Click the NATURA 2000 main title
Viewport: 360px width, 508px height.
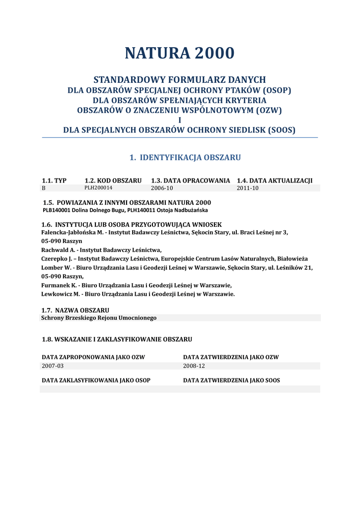[179, 53]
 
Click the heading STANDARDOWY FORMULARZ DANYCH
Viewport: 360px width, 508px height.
[180, 79]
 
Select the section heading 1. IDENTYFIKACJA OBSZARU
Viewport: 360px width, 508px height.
[185, 158]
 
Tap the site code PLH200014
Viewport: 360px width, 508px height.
[98, 189]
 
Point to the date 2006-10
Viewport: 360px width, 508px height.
[161, 189]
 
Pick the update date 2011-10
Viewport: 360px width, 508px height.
[247, 189]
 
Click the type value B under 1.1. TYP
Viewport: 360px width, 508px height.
[44, 189]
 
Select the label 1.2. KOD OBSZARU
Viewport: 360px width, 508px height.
[113, 181]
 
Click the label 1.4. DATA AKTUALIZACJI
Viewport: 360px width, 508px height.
[275, 181]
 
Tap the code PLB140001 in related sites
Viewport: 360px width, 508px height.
[57, 210]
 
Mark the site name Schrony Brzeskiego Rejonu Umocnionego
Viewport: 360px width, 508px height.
[99, 318]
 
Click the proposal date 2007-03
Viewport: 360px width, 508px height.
[53, 366]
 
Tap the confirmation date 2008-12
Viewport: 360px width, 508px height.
[194, 366]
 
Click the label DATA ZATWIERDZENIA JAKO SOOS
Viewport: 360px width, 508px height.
[231, 381]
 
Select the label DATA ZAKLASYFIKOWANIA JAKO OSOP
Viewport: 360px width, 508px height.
[96, 381]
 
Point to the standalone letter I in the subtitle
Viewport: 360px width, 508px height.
[179, 120]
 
